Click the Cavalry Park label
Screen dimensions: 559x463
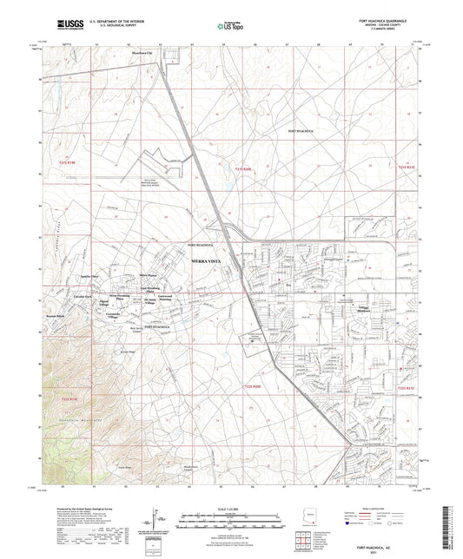83,296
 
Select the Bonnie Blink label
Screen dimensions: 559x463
56,315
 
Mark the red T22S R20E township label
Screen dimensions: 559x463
249,364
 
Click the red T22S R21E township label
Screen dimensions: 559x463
406,365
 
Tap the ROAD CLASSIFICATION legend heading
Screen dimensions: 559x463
373,508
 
